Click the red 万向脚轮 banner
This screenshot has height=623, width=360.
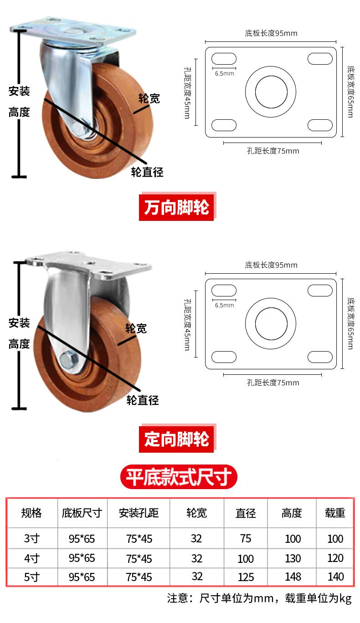coord(177,207)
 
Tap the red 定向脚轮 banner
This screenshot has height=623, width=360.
coord(177,439)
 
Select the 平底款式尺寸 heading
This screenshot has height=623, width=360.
coord(179,477)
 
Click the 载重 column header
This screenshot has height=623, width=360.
coord(335,513)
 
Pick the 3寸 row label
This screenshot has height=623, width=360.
coord(32,538)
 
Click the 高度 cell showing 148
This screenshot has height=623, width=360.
coord(293,577)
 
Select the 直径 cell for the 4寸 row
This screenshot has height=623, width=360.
coord(245,558)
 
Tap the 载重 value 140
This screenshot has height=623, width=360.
coord(335,577)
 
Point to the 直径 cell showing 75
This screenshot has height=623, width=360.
coord(246,538)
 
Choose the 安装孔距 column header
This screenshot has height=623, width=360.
coord(139,513)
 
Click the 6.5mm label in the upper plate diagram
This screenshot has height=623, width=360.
coord(224,73)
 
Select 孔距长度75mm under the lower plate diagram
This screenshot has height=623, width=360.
coord(273,383)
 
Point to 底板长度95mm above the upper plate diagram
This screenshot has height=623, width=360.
coord(271,33)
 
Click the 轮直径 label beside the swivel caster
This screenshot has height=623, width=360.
coord(147,172)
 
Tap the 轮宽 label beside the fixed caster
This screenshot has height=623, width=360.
coord(136,328)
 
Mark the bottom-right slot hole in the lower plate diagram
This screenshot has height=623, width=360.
coord(320,357)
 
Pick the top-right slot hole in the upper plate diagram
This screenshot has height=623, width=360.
coord(320,59)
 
